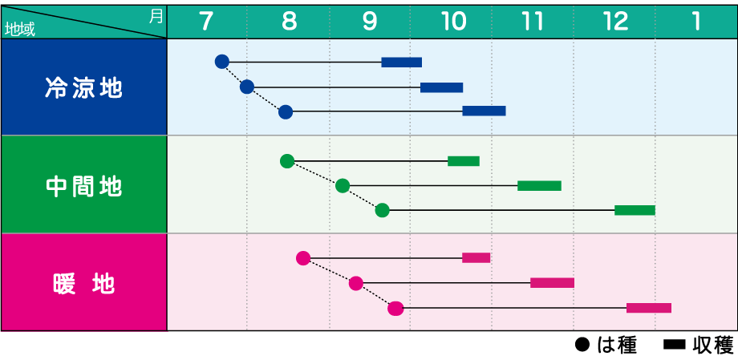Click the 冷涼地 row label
coord(83,87)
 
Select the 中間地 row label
coord(83,186)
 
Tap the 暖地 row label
coord(83,283)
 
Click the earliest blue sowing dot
coord(221,62)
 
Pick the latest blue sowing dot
coord(286,112)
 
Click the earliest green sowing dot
coord(287,161)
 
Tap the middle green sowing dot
coord(343,186)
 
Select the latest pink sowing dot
coord(395,308)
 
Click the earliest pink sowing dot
coord(303,258)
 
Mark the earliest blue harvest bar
coord(401,62)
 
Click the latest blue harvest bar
coord(484,111)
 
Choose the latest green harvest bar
coord(635,210)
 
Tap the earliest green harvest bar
coord(464,161)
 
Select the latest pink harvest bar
coord(649,308)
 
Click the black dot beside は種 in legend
coord(582,346)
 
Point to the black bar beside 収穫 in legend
coord(675,346)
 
